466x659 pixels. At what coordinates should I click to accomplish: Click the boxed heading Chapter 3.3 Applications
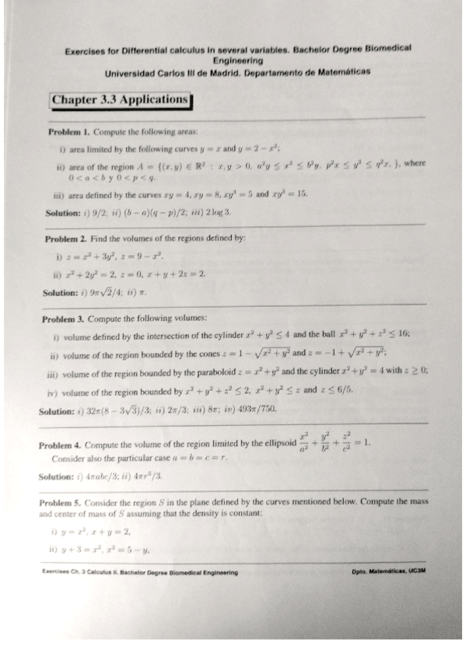coord(121,100)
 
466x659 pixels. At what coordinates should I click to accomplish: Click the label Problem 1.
coord(69,132)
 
